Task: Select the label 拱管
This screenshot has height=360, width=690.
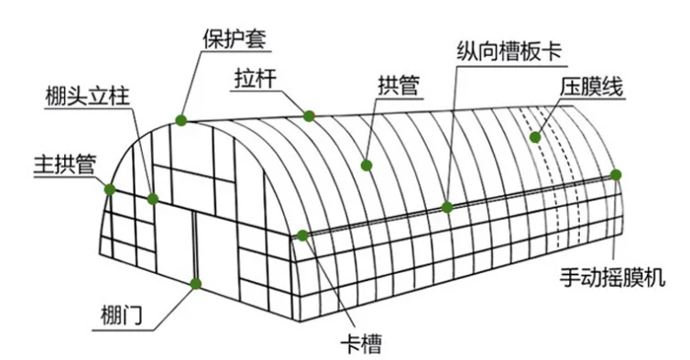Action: click(x=398, y=86)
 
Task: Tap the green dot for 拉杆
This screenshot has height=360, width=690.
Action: click(x=310, y=115)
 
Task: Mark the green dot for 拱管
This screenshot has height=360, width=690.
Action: click(x=367, y=166)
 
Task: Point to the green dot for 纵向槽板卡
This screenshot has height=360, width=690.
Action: click(x=447, y=207)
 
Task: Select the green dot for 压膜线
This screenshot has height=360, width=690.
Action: click(x=534, y=137)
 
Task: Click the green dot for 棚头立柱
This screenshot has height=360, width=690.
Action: click(x=153, y=198)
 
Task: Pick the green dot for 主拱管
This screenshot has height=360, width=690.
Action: click(x=110, y=190)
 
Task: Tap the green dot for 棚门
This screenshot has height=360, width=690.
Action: click(x=195, y=284)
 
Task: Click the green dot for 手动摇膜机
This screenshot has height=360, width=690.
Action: click(x=616, y=174)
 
